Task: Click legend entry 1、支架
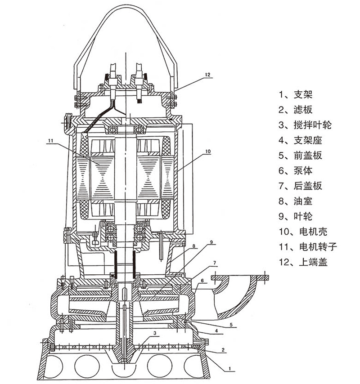click(295, 94)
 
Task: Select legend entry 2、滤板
click(295, 110)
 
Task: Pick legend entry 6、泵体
click(295, 171)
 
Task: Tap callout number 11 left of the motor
click(50, 141)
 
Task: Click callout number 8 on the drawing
click(193, 246)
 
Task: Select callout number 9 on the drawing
click(210, 243)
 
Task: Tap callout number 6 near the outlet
click(203, 281)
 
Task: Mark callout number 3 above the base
click(154, 333)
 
